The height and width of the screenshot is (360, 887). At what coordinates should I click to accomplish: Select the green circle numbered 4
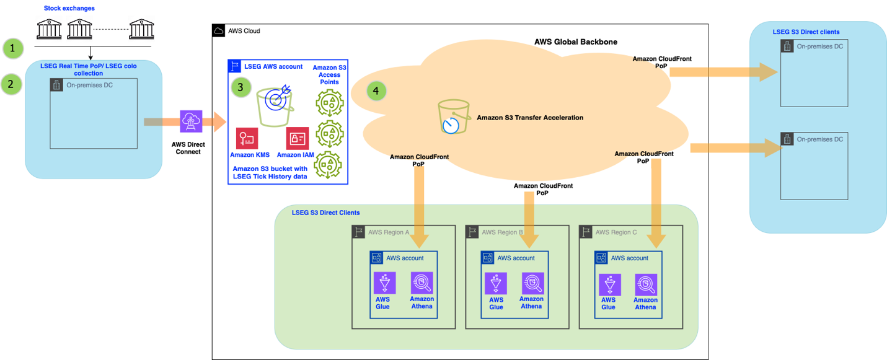(x=376, y=91)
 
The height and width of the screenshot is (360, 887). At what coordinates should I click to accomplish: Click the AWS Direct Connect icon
(x=190, y=121)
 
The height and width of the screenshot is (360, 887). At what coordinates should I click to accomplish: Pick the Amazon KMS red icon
(x=247, y=139)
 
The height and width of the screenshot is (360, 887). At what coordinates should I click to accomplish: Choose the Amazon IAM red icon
(x=297, y=139)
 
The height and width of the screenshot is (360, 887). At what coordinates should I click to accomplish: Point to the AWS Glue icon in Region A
(x=382, y=283)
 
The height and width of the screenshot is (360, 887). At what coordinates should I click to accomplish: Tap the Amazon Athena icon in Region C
(x=646, y=284)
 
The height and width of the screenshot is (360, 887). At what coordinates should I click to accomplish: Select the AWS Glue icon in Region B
(x=495, y=283)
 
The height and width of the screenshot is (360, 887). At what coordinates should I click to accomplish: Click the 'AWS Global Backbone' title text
(x=575, y=42)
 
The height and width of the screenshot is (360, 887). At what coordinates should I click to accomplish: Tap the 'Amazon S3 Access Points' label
(x=329, y=74)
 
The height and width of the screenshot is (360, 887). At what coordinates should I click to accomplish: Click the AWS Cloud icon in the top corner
(x=218, y=30)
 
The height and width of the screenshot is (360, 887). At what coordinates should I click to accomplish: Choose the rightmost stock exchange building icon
(x=141, y=29)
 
